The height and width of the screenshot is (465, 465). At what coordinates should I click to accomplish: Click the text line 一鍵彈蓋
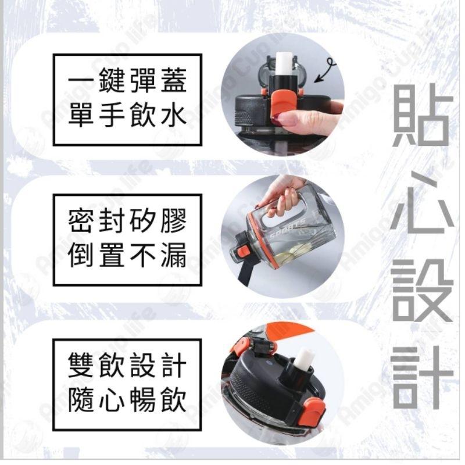coord(127,83)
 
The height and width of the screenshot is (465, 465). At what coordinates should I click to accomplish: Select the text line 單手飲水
coord(127,116)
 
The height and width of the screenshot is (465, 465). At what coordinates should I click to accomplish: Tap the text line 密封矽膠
coord(127,222)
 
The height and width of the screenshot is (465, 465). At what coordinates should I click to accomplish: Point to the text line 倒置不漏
coord(127,256)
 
